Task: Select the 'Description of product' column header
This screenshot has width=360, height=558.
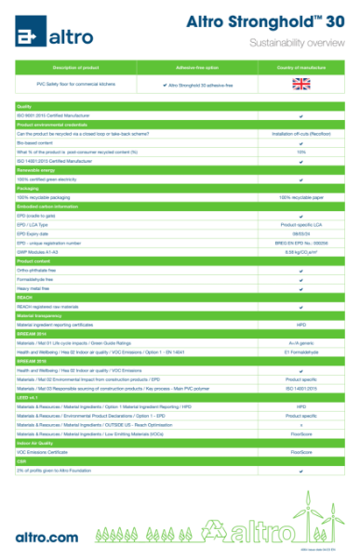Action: (76, 68)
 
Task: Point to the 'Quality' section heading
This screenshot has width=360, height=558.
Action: (25, 107)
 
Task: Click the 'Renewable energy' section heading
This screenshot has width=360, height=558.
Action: (36, 171)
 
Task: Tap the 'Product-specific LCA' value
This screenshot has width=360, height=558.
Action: (301, 224)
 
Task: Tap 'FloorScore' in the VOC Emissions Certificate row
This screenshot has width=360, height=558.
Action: (301, 452)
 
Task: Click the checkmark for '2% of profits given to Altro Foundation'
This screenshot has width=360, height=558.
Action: (301, 471)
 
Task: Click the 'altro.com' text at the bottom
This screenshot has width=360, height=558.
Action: (47, 538)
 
